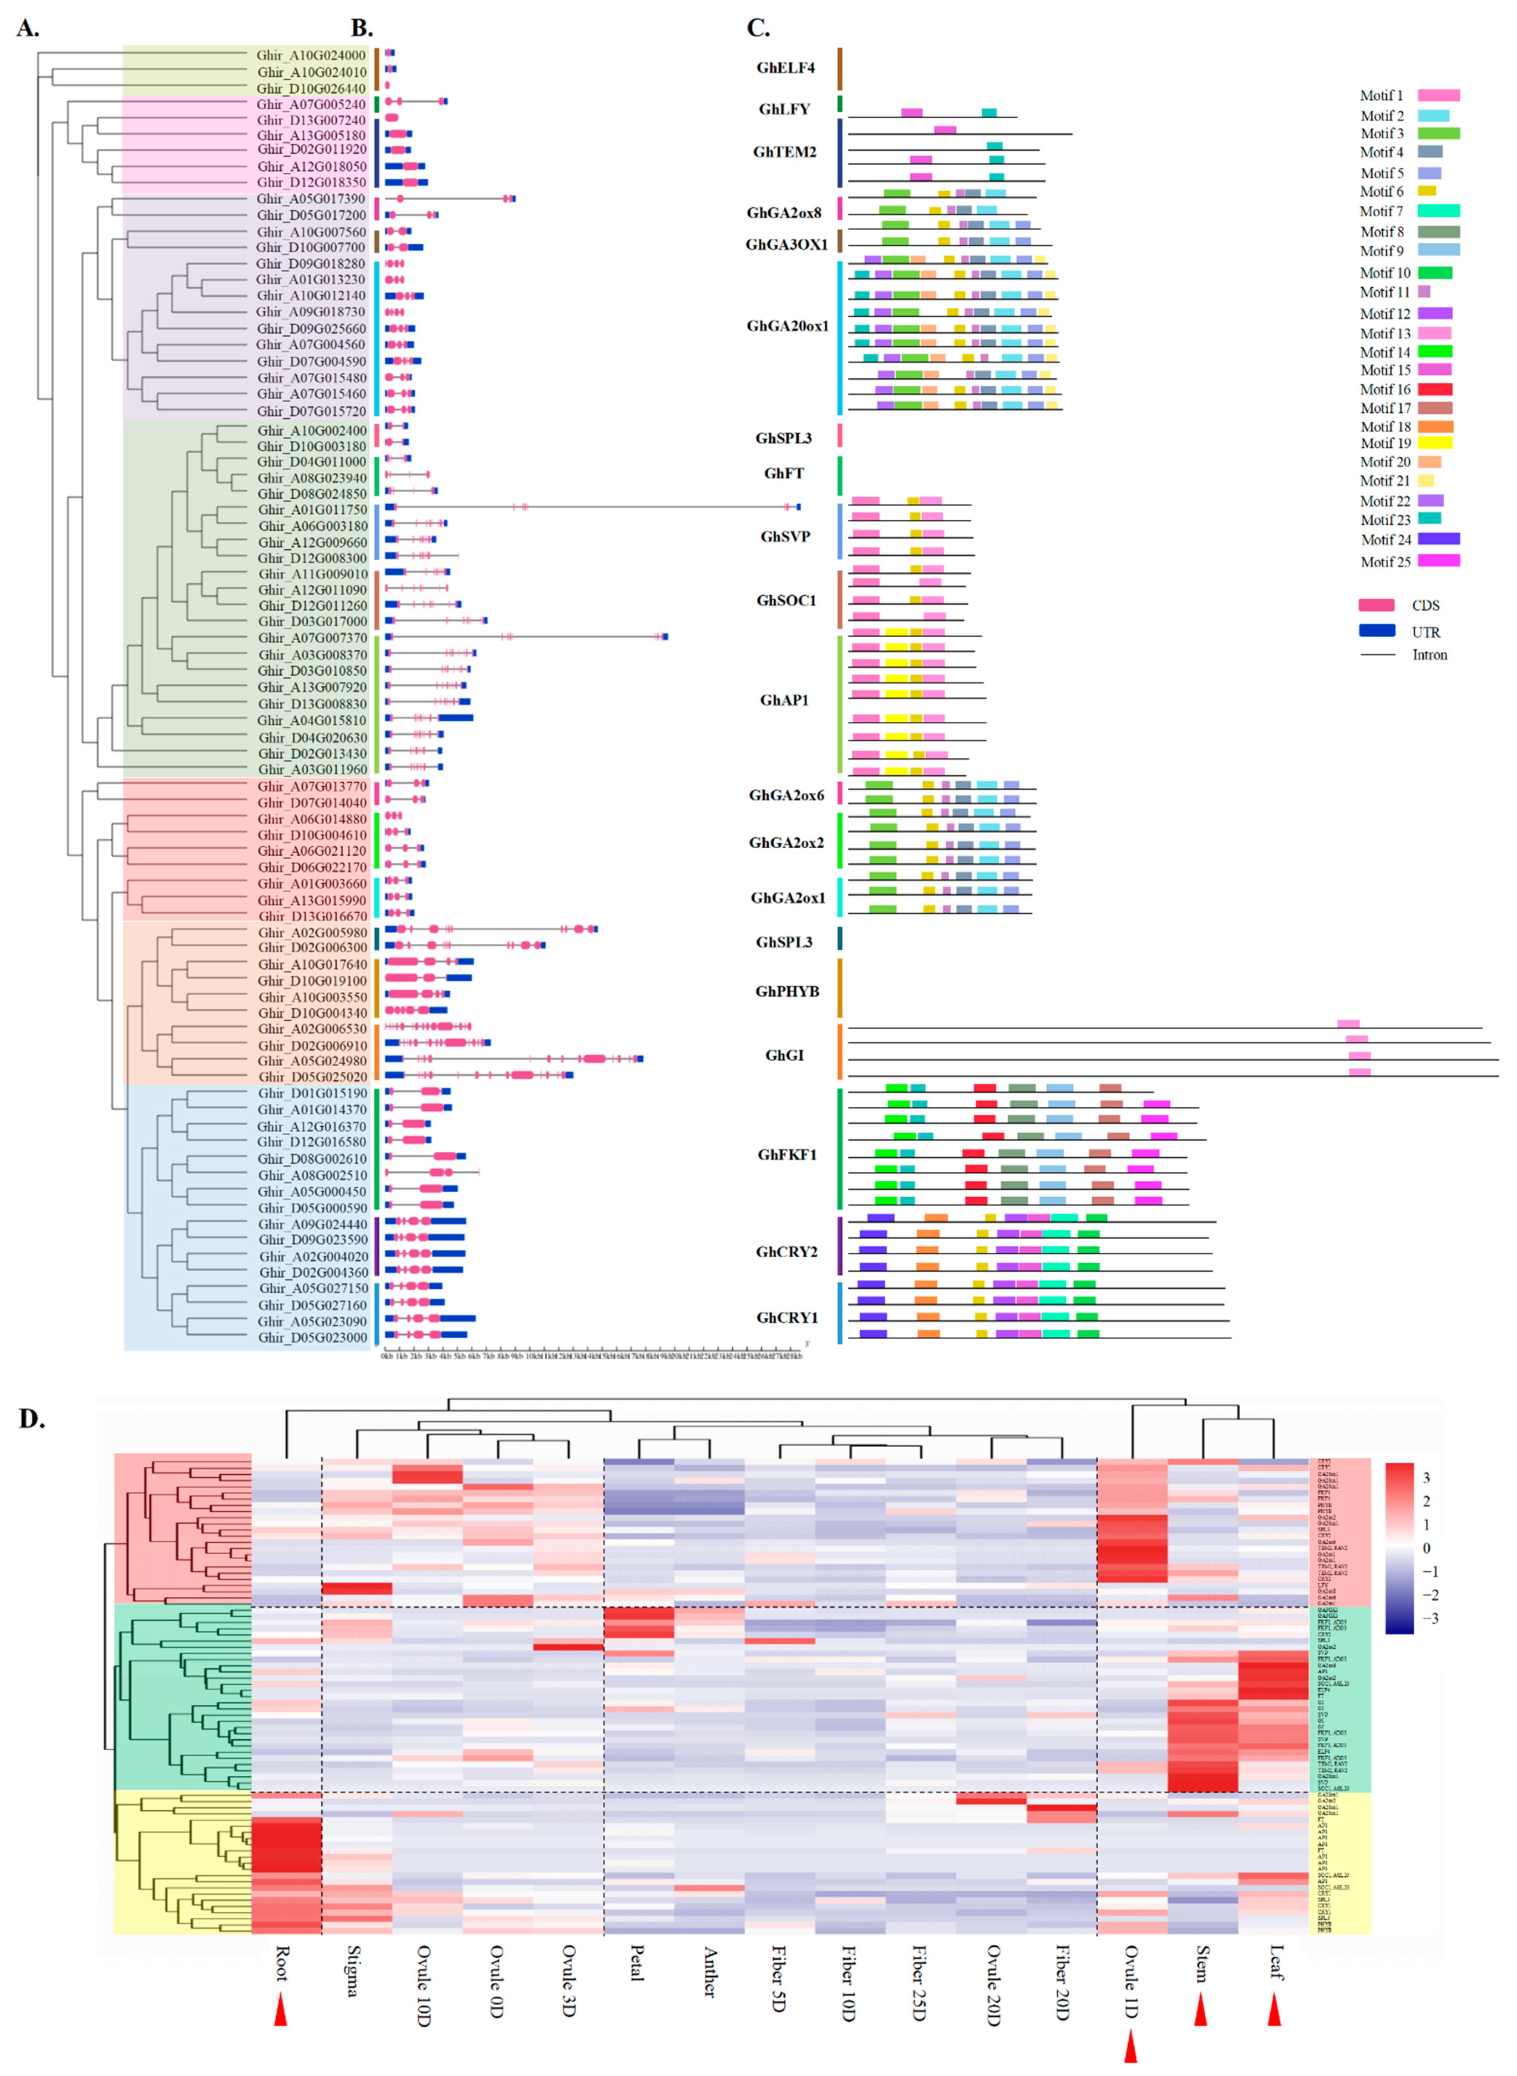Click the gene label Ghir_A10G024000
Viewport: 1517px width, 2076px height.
[310, 56]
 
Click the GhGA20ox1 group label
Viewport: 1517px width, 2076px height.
[787, 326]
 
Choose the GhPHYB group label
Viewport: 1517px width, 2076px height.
[787, 992]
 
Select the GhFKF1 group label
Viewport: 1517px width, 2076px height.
[787, 1155]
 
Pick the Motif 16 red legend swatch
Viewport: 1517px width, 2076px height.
[1434, 390]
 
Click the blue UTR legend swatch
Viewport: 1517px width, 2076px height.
[1376, 631]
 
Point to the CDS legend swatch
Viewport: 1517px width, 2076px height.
[1376, 605]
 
